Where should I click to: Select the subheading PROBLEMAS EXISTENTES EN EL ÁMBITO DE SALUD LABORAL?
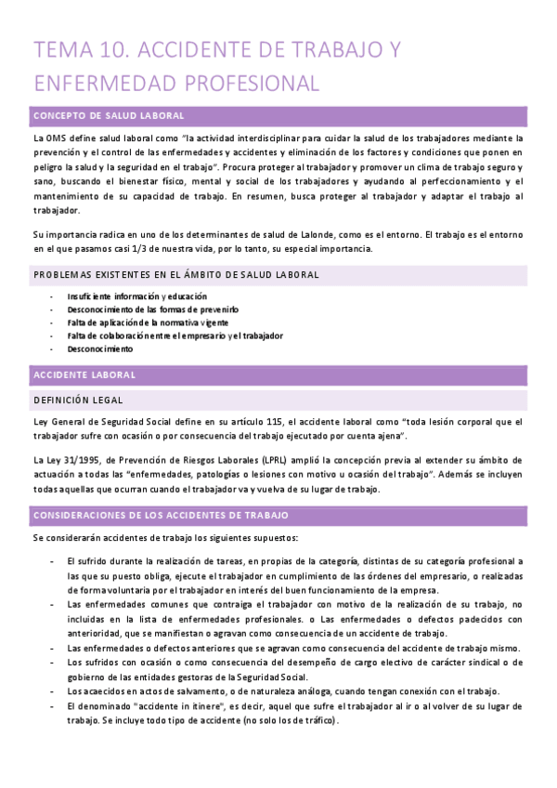[x=176, y=275]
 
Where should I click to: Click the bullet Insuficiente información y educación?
[x=129, y=296]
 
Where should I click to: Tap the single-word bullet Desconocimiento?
[x=99, y=348]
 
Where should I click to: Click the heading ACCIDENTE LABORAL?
[x=84, y=374]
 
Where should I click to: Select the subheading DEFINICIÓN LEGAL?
[x=78, y=400]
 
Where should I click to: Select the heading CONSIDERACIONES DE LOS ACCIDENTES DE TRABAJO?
[x=161, y=515]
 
